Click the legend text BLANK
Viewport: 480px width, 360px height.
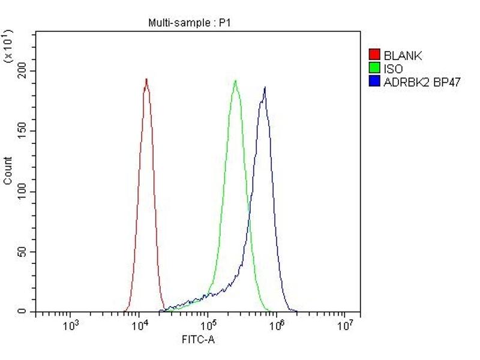(x=403, y=56)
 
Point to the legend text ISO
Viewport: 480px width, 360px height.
(x=394, y=69)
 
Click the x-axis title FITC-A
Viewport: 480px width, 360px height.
(x=198, y=340)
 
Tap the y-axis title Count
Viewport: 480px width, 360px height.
(x=8, y=170)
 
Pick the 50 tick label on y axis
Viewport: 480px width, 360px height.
(x=23, y=252)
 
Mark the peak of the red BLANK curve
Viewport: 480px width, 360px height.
(x=146, y=79)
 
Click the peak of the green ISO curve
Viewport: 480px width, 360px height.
(x=235, y=80)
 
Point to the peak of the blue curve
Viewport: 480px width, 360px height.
(x=265, y=88)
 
